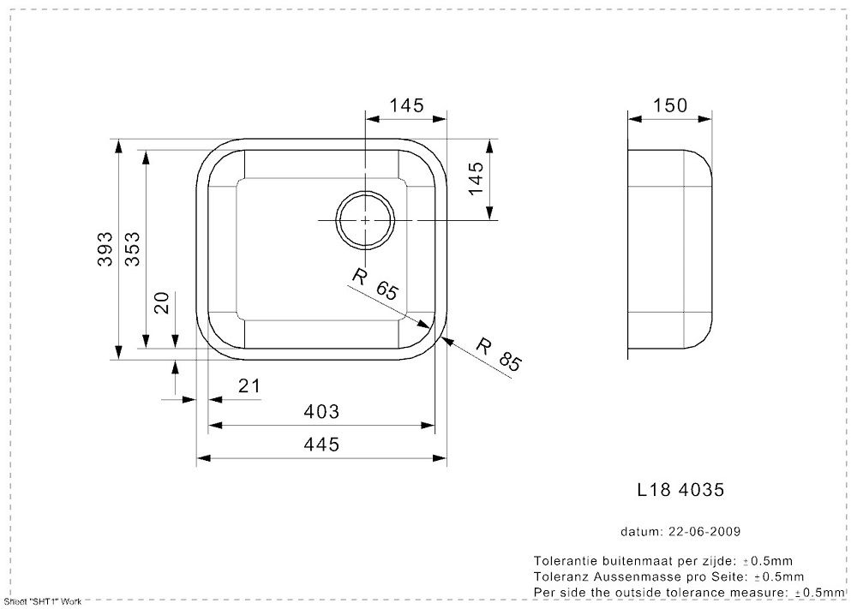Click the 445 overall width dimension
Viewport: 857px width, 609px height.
coord(321,445)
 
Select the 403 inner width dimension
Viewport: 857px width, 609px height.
coord(321,412)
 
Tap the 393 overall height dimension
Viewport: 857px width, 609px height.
coord(105,249)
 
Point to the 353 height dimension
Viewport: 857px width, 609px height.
coord(133,249)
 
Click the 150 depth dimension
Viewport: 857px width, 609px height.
coord(670,105)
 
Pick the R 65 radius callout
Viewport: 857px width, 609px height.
coord(375,284)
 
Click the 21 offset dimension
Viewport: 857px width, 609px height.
coord(248,386)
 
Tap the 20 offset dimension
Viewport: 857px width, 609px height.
coord(162,302)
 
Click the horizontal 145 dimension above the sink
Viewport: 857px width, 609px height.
coord(406,105)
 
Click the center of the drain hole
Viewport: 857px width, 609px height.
coord(365,220)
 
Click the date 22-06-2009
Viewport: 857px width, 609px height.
coord(704,531)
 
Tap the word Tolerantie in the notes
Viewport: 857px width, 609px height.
coord(561,559)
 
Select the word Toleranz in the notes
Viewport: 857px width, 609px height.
coord(559,576)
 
